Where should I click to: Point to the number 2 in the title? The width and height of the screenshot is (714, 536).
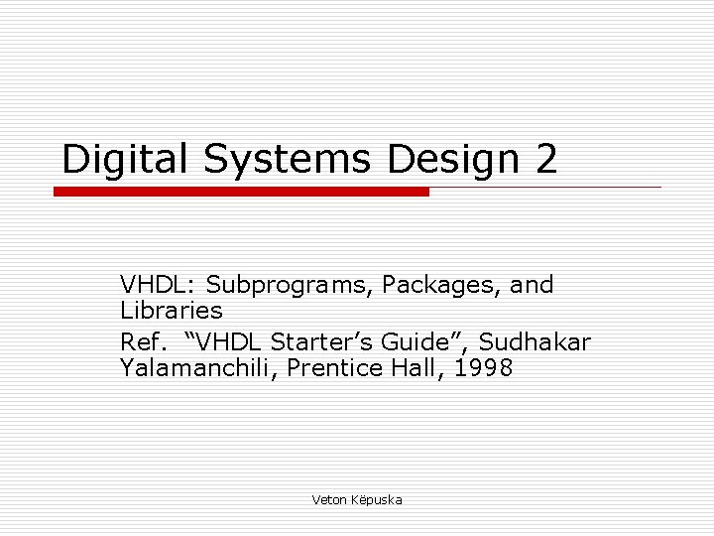tap(545, 159)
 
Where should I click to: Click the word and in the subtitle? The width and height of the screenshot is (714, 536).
tap(532, 286)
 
